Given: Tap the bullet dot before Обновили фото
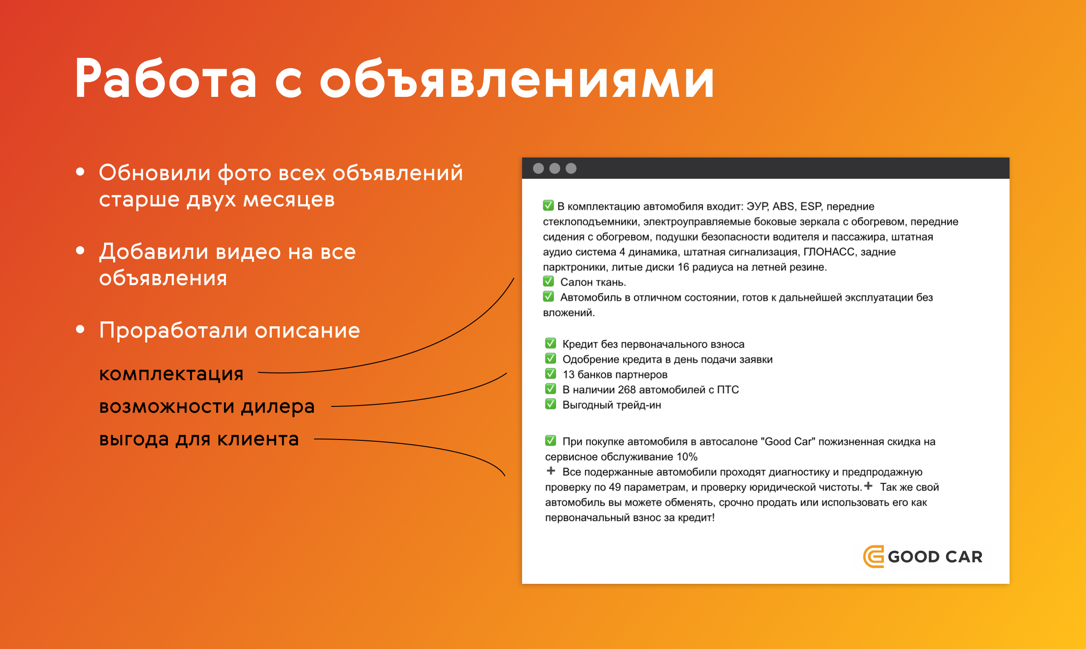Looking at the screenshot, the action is [81, 172].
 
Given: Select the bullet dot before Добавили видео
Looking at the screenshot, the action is [81, 250].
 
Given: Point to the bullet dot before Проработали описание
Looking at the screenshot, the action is [81, 329].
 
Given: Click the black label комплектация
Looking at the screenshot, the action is [171, 374].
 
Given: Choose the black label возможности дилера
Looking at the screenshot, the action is [207, 406].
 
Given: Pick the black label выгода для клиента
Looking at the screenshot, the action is [199, 439].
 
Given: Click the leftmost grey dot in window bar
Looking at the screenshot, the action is [538, 168].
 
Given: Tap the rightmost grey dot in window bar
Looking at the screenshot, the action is [571, 168].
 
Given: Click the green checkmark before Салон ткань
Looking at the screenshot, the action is [548, 282].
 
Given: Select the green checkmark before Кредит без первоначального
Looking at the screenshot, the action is [551, 343].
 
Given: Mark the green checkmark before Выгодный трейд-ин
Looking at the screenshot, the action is [551, 404].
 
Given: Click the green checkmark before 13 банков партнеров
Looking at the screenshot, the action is [551, 373].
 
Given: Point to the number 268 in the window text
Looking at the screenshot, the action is [627, 390].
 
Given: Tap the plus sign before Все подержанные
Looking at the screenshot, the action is [551, 471].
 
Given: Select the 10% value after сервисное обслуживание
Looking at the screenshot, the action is [687, 457].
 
